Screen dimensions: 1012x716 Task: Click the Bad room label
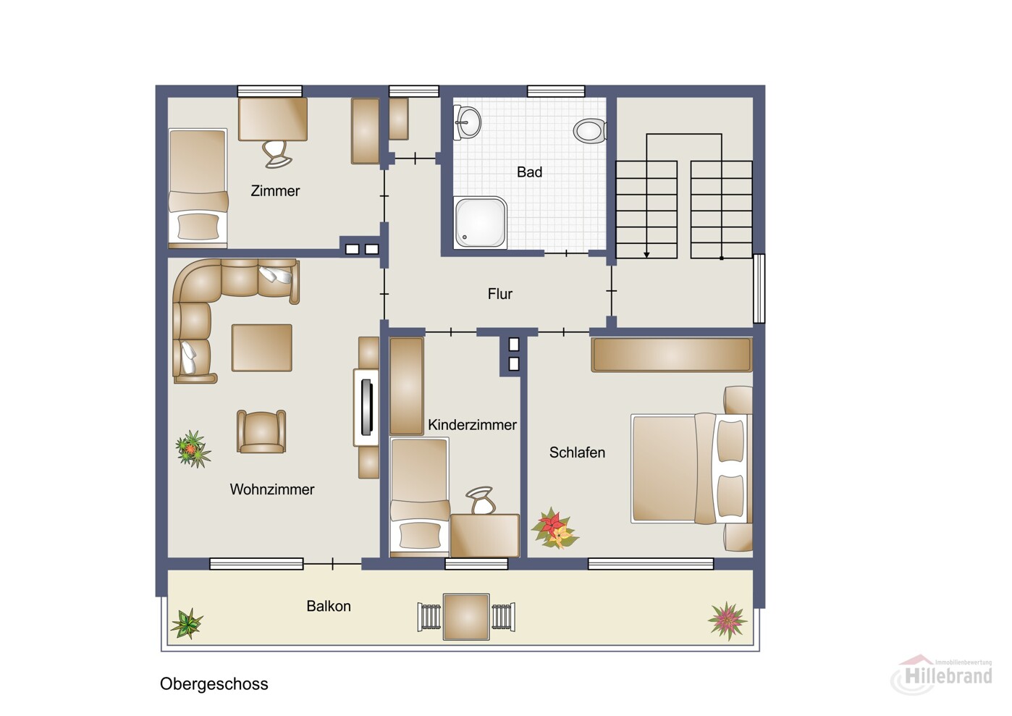529,172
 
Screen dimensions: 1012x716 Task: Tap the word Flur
499,294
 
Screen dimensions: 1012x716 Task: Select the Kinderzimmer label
472,425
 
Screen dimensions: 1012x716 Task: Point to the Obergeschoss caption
214,683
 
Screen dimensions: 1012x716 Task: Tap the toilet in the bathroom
589,130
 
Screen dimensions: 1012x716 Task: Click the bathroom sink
467,122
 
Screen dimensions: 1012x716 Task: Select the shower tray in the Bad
481,222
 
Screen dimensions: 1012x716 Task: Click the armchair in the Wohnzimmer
261,431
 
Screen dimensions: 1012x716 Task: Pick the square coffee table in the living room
261,348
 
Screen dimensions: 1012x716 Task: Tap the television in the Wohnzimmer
367,408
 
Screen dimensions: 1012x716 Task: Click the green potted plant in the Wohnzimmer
193,449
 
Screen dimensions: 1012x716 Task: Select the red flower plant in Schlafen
555,528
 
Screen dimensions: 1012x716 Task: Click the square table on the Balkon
466,617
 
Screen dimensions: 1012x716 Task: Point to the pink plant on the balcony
728,620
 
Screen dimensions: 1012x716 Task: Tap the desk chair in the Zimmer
277,153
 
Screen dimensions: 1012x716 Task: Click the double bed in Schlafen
692,468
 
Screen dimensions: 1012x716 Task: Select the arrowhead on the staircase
646,254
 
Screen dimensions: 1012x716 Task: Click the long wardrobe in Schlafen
672,355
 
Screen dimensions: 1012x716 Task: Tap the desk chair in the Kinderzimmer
481,500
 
